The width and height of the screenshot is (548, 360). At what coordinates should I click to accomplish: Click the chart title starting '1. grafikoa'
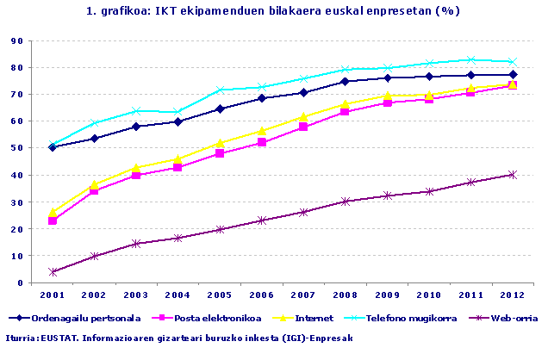(273, 11)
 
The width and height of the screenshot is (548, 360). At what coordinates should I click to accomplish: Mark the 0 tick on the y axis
(20, 282)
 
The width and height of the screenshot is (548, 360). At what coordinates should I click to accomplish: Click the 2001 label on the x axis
(53, 295)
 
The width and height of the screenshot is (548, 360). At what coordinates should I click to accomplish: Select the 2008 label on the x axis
(346, 295)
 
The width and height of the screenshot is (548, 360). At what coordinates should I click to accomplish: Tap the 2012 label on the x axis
(513, 295)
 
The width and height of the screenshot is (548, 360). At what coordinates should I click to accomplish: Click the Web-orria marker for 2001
(53, 272)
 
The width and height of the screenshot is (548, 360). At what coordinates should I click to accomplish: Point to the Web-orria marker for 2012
(513, 174)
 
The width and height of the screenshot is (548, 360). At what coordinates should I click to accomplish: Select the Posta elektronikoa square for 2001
(53, 221)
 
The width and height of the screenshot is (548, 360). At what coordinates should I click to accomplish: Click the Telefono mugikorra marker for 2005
(221, 90)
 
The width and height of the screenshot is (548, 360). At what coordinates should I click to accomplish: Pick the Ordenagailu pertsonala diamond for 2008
(346, 81)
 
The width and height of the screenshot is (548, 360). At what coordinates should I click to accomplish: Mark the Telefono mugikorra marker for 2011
(471, 59)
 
